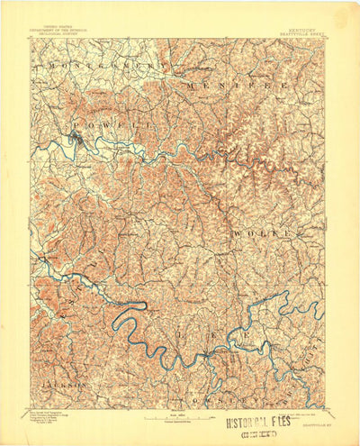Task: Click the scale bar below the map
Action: coord(180,415)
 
